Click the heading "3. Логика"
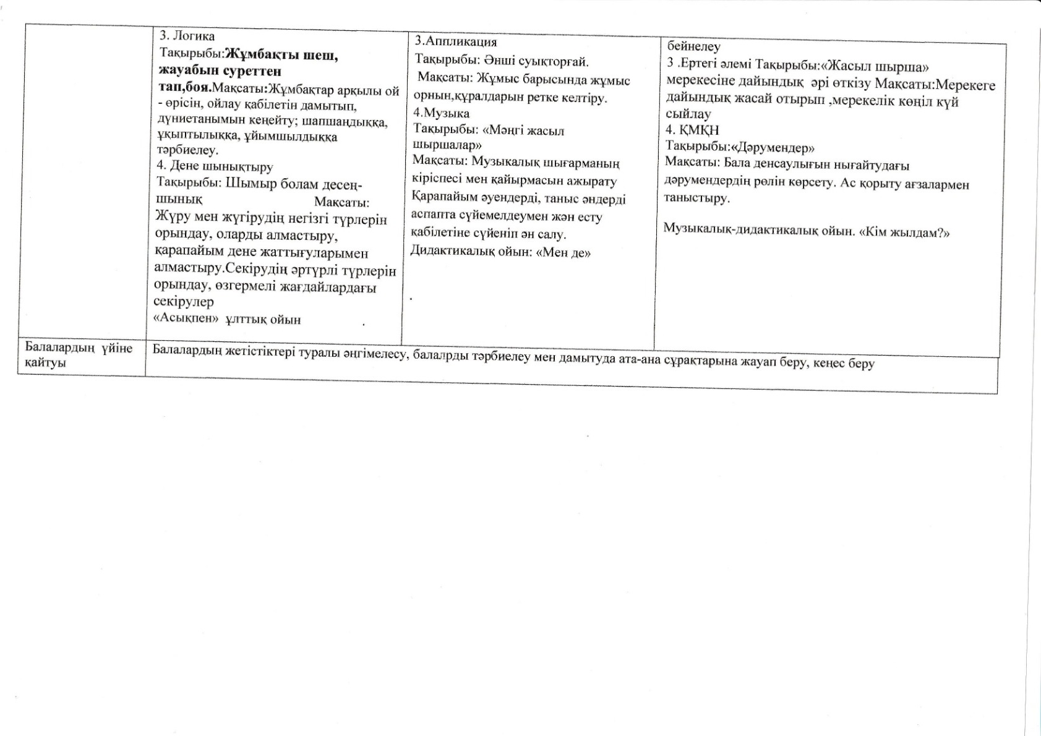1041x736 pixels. pos(187,36)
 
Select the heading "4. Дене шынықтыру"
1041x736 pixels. pos(215,166)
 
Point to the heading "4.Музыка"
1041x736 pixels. pos(441,113)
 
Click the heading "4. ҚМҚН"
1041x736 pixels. pos(692,130)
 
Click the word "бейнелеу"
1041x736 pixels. pos(694,46)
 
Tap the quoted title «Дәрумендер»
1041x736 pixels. pos(773,148)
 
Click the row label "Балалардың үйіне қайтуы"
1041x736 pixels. pos(79,356)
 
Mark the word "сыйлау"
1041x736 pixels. pos(688,114)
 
